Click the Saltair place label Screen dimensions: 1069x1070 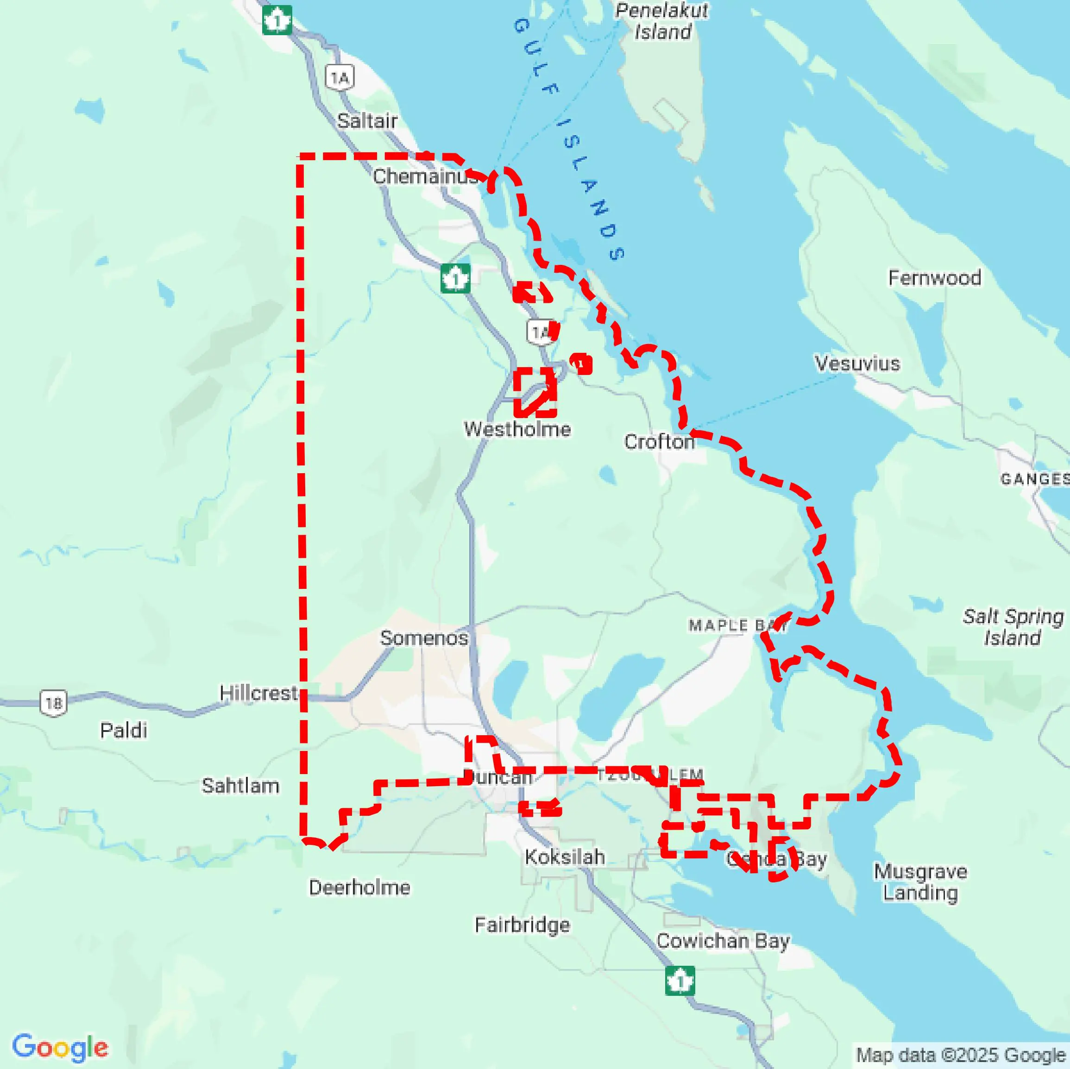click(x=367, y=121)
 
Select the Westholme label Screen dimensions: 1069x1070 click(x=517, y=429)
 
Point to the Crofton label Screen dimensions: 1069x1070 click(x=659, y=442)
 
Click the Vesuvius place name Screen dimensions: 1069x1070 click(x=857, y=364)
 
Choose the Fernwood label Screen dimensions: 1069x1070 click(x=934, y=278)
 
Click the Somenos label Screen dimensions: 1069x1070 click(x=424, y=638)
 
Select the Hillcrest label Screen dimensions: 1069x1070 click(x=258, y=693)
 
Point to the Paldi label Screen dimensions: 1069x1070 click(x=124, y=730)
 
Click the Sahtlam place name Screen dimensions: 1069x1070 click(x=240, y=786)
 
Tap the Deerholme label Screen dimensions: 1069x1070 click(x=359, y=888)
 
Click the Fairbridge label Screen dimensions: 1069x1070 click(x=522, y=925)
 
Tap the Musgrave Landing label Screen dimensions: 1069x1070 click(x=920, y=882)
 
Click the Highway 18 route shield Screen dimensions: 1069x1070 click(x=54, y=703)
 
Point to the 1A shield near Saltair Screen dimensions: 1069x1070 click(x=340, y=78)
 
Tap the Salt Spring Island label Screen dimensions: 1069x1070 click(x=1013, y=627)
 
